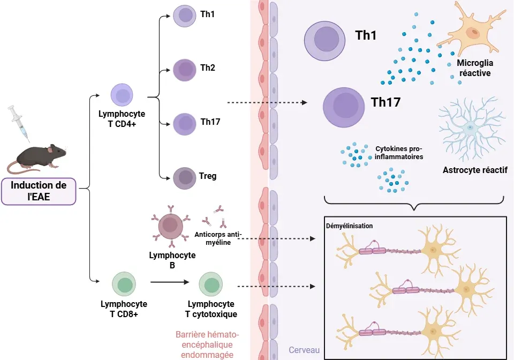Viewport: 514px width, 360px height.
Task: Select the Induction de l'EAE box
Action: pyautogui.click(x=39, y=191)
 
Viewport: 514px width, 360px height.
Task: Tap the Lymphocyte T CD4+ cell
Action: pyautogui.click(x=122, y=96)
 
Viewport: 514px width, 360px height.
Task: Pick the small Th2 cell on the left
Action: pyautogui.click(x=185, y=70)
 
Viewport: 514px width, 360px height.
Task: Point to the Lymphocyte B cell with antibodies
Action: pyautogui.click(x=171, y=226)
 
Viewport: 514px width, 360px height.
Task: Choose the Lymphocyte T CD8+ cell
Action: pyautogui.click(x=124, y=284)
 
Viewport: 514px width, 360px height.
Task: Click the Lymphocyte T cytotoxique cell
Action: pyautogui.click(x=211, y=284)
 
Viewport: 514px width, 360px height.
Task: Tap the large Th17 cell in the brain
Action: pyautogui.click(x=344, y=107)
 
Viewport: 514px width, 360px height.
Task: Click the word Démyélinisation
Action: pyautogui.click(x=349, y=226)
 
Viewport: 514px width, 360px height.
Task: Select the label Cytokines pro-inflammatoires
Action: pyautogui.click(x=399, y=153)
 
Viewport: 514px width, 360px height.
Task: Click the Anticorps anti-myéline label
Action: pyautogui.click(x=218, y=238)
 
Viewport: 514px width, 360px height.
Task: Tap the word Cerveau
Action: pyautogui.click(x=304, y=350)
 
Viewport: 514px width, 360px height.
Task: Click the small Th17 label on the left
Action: pyautogui.click(x=210, y=122)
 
